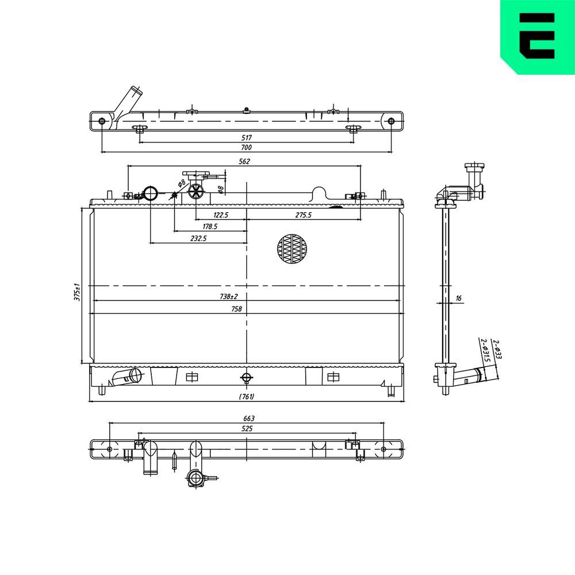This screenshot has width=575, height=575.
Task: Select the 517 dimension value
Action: pos(246,138)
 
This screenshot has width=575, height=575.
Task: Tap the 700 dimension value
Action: pos(246,148)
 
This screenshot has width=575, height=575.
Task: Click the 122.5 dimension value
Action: pos(221,215)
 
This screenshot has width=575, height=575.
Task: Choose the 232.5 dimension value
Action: pos(198,238)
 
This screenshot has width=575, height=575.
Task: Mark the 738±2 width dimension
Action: pos(229,297)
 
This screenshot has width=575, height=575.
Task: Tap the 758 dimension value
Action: pos(236,309)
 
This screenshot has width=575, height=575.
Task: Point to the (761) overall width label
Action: pos(246,397)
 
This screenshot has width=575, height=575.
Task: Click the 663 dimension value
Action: pos(248,419)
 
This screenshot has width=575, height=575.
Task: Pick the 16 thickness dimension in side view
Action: pos(458,298)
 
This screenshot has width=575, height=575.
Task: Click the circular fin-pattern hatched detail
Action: pos(292,249)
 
